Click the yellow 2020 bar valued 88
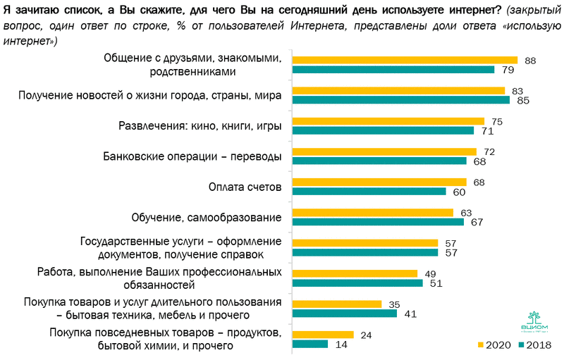click(405, 61)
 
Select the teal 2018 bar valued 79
click(393, 70)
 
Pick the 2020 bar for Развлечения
click(388, 121)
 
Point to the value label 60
click(458, 191)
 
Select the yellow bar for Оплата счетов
click(379, 182)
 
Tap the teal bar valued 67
click(378, 222)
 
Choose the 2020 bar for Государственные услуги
click(365, 243)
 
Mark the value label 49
click(429, 273)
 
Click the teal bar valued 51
click(357, 283)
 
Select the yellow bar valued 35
click(337, 304)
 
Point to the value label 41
click(408, 314)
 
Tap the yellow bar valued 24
click(323, 335)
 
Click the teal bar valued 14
click(310, 344)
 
